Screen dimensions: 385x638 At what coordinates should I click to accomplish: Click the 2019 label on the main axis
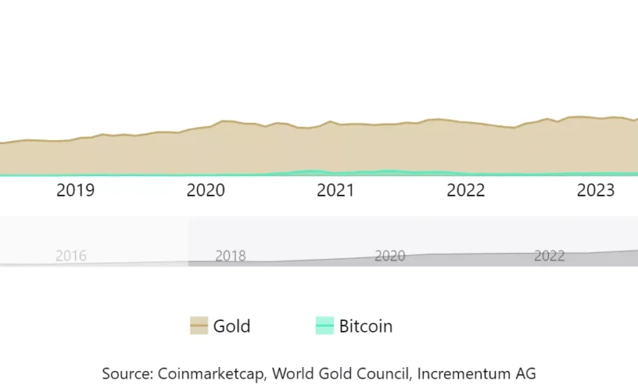[x=75, y=191]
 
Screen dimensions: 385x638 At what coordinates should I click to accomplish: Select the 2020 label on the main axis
[x=205, y=191]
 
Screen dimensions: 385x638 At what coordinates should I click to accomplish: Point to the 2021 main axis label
[x=335, y=191]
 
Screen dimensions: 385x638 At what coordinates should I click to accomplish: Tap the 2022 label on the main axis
[x=465, y=191]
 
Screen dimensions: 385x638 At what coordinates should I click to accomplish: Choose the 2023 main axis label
[x=595, y=191]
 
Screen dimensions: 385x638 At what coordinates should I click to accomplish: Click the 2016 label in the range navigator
[x=70, y=256]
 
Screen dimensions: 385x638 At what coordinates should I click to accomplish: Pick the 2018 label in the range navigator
[x=230, y=256]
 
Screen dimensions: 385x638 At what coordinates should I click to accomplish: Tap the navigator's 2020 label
[x=389, y=256]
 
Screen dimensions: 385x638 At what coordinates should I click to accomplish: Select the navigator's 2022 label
[x=549, y=256]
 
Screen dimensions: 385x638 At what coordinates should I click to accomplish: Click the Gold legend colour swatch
[x=199, y=326]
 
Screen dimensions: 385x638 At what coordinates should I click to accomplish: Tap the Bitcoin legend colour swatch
[x=325, y=326]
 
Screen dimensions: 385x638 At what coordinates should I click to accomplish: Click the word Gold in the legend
[x=231, y=326]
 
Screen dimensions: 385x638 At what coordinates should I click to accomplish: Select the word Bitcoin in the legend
[x=366, y=326]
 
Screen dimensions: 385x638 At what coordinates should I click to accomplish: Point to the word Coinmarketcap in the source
[x=212, y=373]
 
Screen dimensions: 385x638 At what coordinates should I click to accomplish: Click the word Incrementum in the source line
[x=462, y=373]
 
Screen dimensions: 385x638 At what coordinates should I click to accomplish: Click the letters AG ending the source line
[x=525, y=373]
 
